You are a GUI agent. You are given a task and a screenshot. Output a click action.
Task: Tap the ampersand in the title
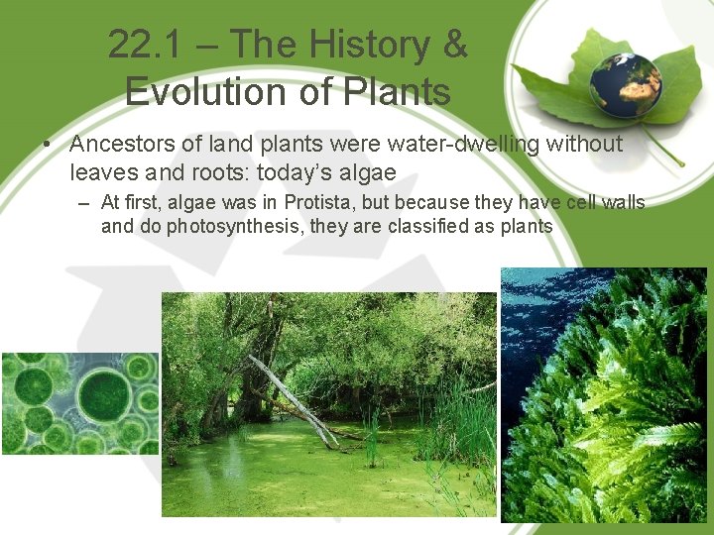point(454,45)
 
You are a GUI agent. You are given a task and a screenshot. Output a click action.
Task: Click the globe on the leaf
point(626,84)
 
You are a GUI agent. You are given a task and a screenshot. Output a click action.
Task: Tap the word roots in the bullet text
point(219,173)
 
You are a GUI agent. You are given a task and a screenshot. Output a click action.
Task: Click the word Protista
point(325,203)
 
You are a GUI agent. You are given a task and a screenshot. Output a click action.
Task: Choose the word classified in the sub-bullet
point(437,227)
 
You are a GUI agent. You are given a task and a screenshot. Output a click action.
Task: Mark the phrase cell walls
point(605,203)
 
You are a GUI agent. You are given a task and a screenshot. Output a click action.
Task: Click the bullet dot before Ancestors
point(47,146)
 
